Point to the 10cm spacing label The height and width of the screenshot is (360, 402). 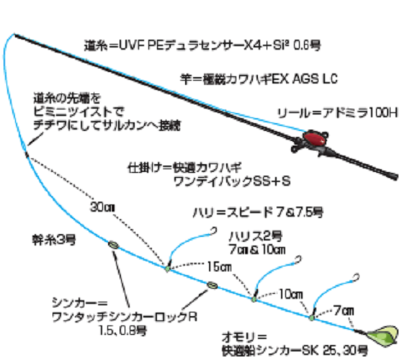[291, 294]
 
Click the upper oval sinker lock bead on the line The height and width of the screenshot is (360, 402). [112, 246]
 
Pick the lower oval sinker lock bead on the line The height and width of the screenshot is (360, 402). [212, 284]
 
